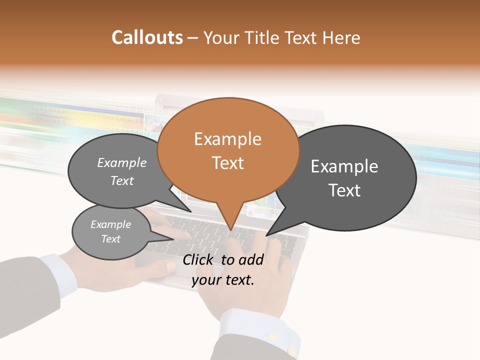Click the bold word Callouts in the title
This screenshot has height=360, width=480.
coord(147,37)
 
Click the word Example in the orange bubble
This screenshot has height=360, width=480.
coord(228,139)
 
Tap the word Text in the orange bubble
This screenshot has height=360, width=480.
coord(228,163)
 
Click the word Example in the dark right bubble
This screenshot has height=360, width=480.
coord(344,166)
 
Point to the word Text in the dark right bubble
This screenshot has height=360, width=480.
coord(344,190)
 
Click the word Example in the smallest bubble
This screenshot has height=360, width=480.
coord(110,224)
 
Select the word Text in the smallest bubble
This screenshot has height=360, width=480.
coord(110,239)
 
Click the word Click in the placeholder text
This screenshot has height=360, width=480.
coord(198,259)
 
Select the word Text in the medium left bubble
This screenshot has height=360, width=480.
coord(122,180)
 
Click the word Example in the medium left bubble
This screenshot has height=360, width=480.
coord(122,162)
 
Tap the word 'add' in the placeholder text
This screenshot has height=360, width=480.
coord(251,259)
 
